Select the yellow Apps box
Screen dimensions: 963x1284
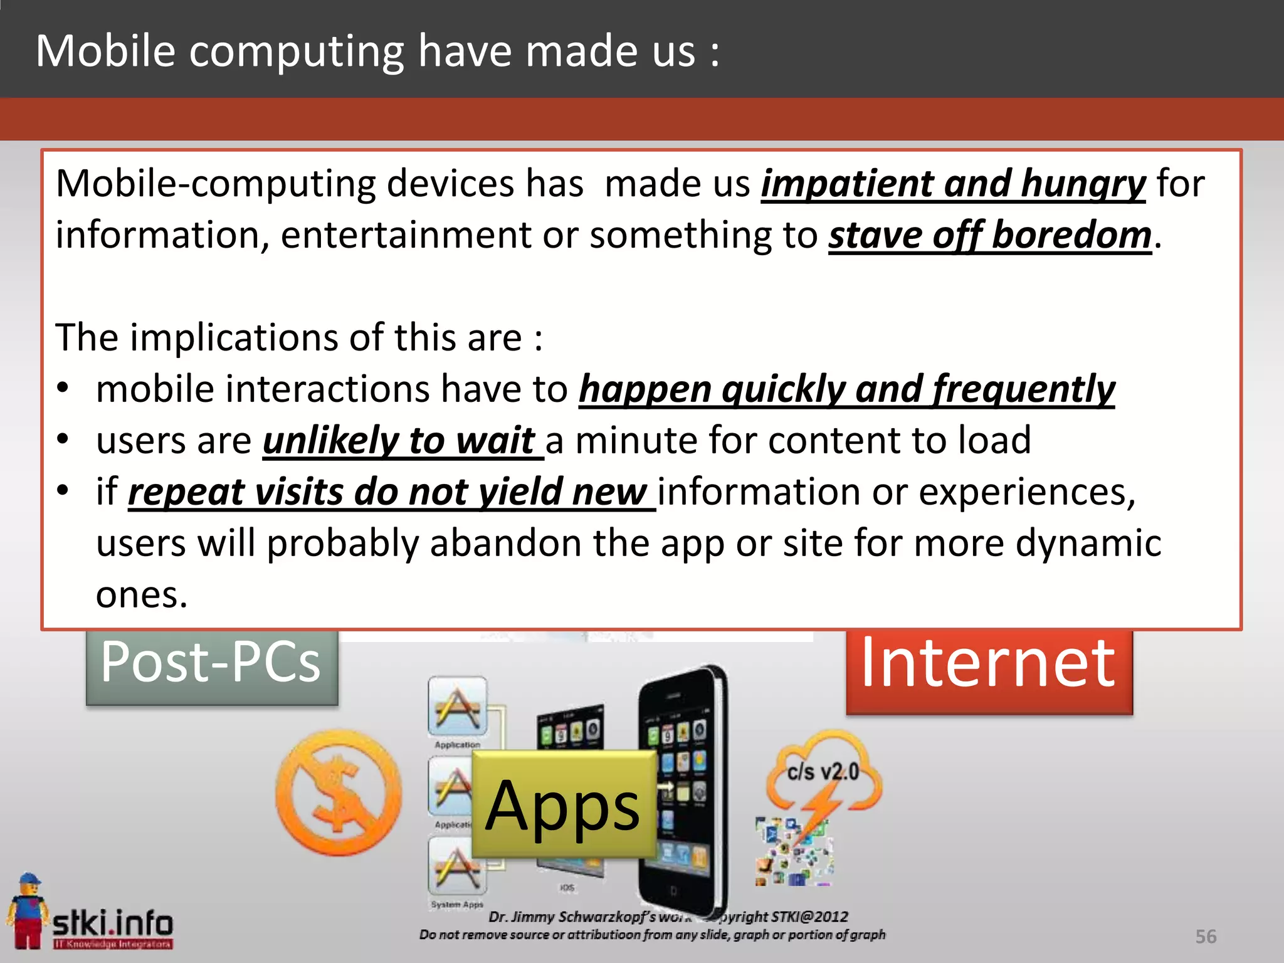[563, 804]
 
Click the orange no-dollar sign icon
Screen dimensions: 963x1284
[339, 792]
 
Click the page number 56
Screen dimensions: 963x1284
[1206, 936]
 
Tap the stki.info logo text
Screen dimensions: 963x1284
[113, 923]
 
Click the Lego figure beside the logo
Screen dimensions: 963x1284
[27, 909]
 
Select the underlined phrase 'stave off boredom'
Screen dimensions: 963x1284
[989, 236]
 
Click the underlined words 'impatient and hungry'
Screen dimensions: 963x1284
[953, 184]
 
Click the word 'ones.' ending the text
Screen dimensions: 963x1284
[142, 594]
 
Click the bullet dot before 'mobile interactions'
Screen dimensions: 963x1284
[63, 388]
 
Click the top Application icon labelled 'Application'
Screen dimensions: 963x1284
[458, 707]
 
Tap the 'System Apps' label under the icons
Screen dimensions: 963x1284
[457, 904]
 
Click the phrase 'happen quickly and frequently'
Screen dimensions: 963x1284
[846, 389]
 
